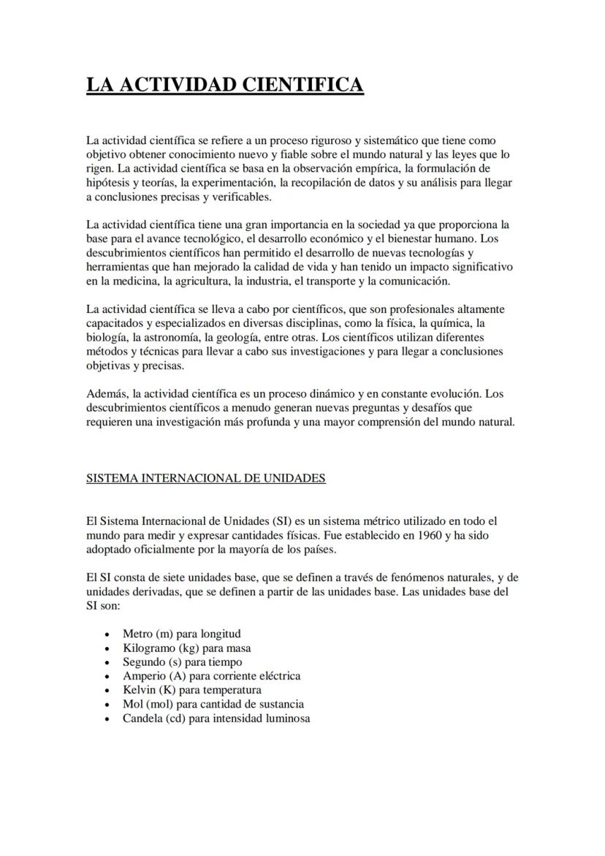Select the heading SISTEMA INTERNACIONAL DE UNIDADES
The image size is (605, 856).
pos(205,478)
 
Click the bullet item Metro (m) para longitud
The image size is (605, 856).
pos(181,634)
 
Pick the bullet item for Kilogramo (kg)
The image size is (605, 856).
pos(186,648)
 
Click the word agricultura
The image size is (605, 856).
pos(202,281)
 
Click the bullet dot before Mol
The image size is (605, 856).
pos(107,705)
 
